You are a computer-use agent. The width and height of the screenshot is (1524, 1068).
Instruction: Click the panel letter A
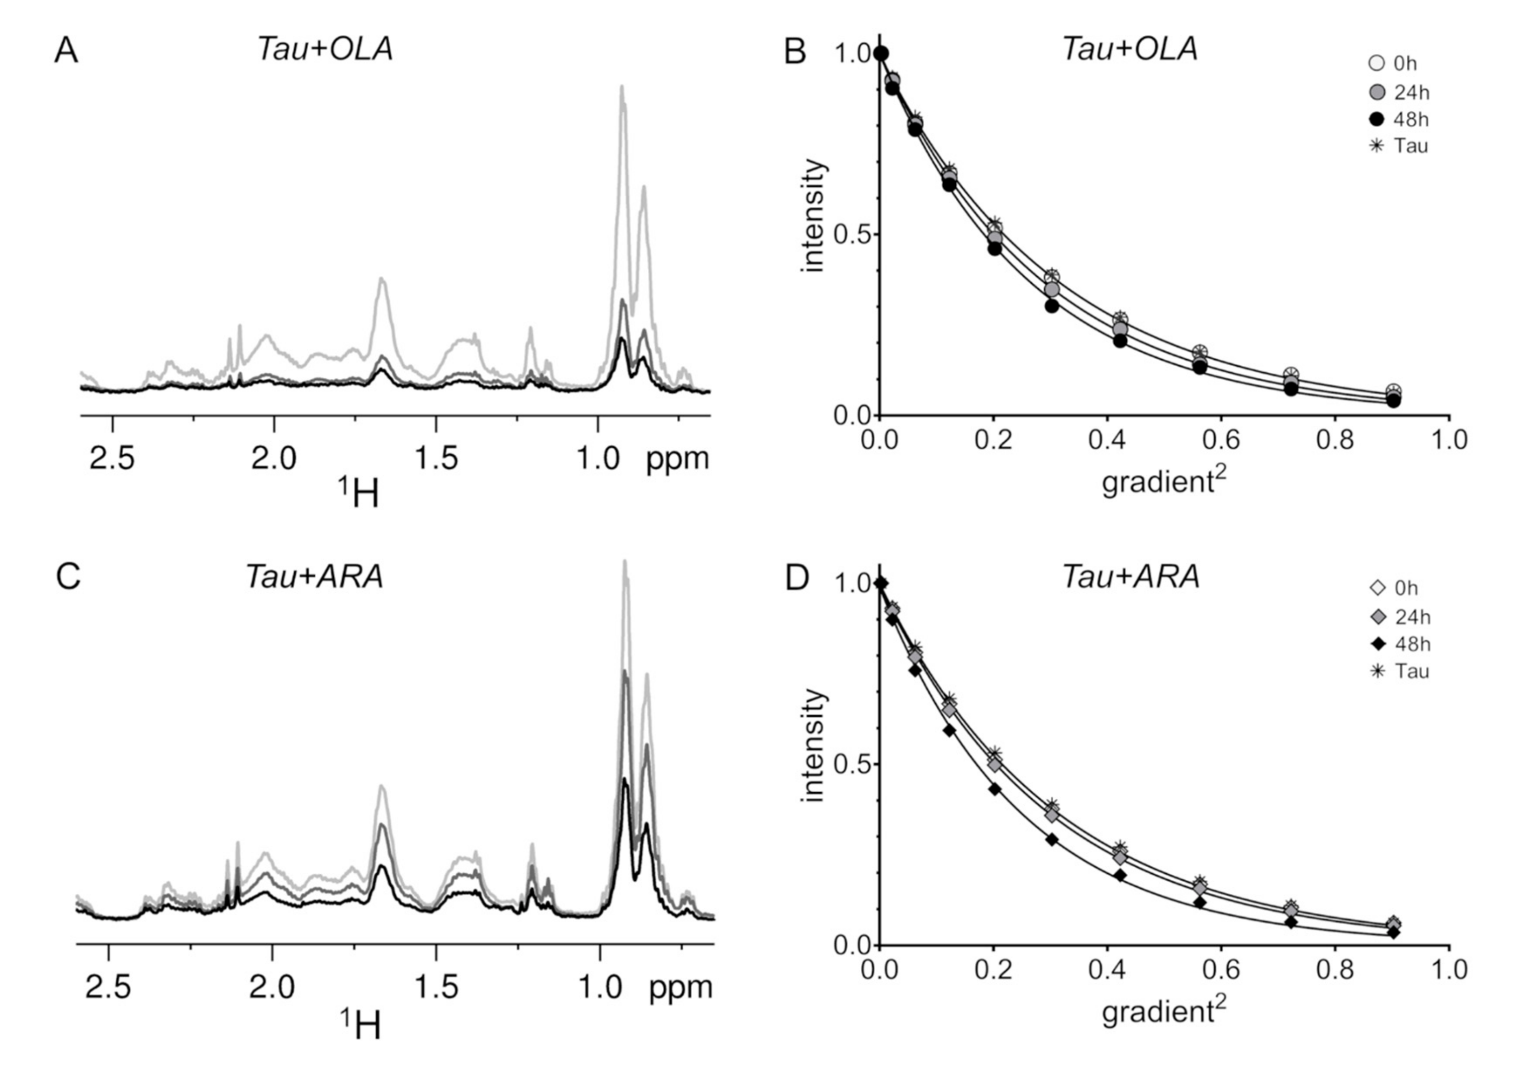click(66, 51)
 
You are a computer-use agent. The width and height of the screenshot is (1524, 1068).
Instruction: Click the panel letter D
click(796, 578)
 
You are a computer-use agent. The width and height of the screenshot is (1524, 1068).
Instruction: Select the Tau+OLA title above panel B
click(1130, 49)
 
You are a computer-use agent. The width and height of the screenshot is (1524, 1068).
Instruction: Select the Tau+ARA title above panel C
click(315, 577)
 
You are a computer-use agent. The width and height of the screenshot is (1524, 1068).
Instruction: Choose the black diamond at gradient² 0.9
click(1393, 932)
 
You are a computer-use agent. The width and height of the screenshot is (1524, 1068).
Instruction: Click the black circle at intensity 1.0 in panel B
click(881, 54)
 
